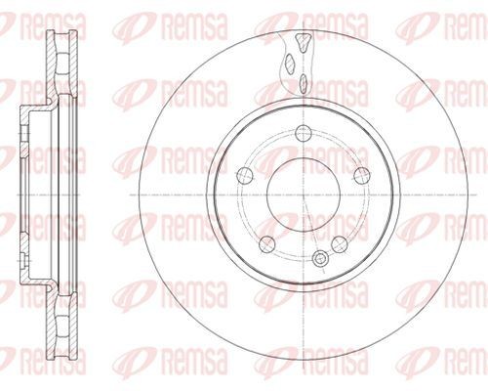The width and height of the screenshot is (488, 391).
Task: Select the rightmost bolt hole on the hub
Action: tap(361, 175)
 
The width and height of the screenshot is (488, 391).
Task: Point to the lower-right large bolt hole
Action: tap(339, 243)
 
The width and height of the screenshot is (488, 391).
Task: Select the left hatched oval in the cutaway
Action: tap(289, 65)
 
